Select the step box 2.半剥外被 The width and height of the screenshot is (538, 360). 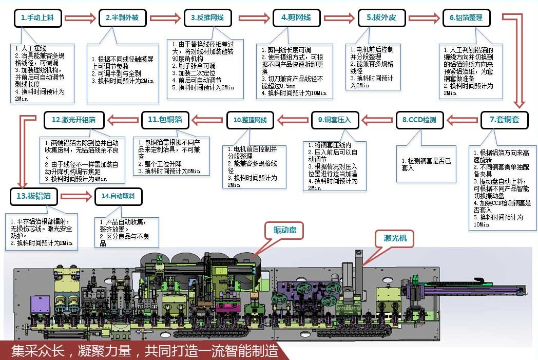click(x=122, y=18)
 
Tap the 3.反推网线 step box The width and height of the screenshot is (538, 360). click(x=207, y=18)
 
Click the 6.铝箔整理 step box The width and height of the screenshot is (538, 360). click(x=466, y=18)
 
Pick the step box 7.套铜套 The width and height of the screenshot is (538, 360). click(x=504, y=120)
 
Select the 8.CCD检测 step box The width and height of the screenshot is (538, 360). click(x=419, y=120)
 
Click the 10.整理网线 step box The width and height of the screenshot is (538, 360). click(x=250, y=120)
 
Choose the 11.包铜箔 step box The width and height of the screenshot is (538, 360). click(x=165, y=120)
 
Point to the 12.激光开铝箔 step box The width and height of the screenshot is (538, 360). click(x=78, y=120)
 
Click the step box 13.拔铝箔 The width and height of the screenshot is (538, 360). click(x=33, y=196)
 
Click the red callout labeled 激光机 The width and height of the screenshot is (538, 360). click(x=398, y=238)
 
